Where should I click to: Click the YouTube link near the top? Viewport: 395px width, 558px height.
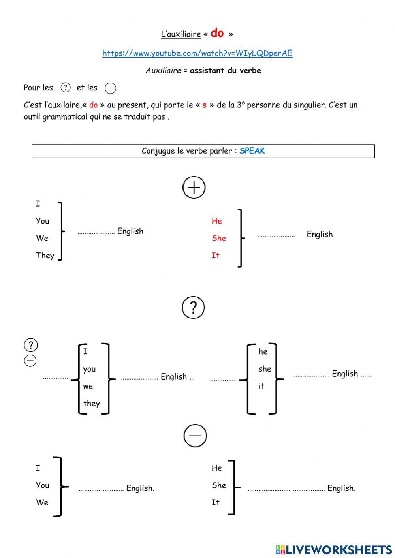197,53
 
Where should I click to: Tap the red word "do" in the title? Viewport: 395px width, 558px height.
217,33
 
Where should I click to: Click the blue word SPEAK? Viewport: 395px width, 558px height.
252,151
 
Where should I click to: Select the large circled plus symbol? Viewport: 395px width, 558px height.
194,188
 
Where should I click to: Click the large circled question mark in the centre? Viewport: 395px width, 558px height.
193,307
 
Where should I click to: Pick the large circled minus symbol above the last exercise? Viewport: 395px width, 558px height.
195,436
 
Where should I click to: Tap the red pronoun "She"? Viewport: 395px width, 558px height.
219,238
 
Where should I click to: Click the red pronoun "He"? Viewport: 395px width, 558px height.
217,221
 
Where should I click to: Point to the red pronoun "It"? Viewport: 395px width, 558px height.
215,256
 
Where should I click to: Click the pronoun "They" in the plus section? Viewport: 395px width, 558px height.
45,256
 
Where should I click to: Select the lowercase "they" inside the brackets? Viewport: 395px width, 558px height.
91,403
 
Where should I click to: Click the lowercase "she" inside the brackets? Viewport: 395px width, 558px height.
265,369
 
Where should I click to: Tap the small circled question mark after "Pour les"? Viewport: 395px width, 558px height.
66,88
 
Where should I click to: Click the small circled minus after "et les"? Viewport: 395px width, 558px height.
111,88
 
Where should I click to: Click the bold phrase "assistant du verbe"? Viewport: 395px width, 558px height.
225,71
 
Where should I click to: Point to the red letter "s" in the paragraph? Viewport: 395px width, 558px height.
204,105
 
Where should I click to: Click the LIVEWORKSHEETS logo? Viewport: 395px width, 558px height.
334,549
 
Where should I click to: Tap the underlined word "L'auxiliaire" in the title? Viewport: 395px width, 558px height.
181,34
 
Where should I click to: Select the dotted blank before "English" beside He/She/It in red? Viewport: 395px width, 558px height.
276,236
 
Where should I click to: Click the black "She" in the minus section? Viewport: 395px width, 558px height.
219,485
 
